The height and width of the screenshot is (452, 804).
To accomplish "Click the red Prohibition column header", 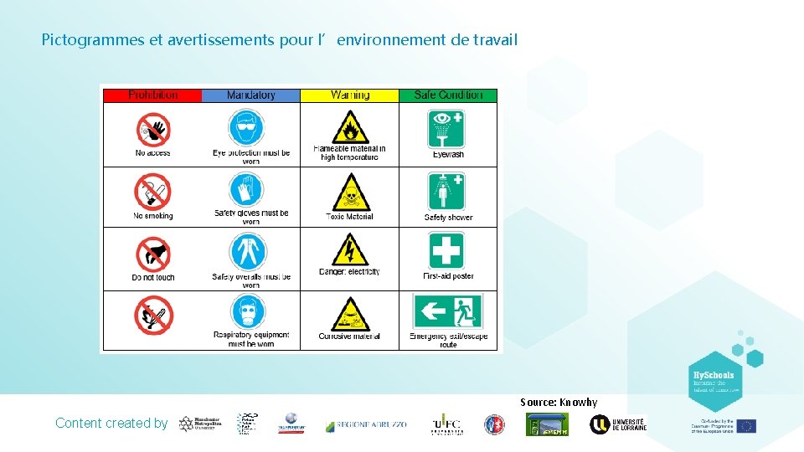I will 152,95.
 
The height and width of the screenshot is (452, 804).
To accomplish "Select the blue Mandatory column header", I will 250,95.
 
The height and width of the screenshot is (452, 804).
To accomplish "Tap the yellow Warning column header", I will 349,95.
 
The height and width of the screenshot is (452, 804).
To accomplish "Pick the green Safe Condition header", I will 448,95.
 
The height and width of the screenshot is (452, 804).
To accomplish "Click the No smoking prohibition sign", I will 152,191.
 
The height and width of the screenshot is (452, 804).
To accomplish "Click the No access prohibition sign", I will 152,129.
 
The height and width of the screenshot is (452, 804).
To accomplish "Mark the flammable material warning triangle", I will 349,128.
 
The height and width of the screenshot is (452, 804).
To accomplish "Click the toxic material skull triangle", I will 349,193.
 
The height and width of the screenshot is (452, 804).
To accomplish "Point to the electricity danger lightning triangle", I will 349,250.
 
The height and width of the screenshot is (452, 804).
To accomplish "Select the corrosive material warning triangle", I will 349,315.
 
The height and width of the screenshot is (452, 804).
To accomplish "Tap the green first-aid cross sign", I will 446,250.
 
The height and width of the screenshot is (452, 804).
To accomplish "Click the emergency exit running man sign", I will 447,311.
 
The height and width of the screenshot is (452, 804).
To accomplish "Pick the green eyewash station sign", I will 447,127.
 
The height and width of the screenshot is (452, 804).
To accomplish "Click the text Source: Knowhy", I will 559,403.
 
